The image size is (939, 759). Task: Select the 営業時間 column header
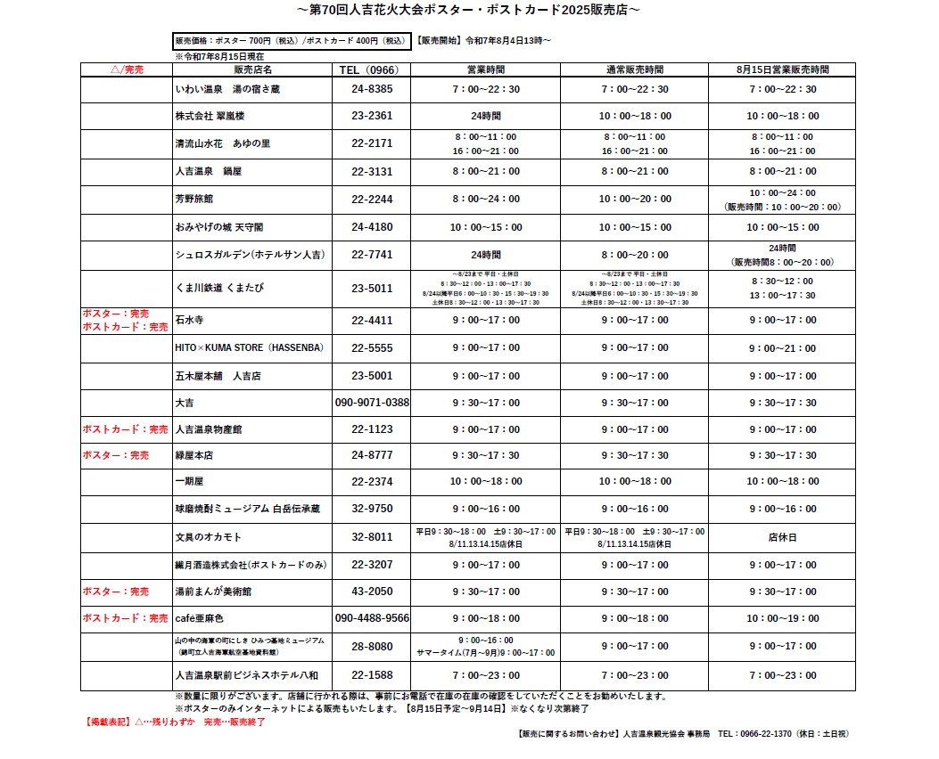[x=486, y=69]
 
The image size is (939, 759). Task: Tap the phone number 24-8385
[x=372, y=89]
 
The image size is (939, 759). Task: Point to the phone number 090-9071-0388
[x=372, y=403]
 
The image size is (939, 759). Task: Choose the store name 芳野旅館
[x=194, y=199]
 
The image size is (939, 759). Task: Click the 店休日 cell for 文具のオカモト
[x=782, y=537]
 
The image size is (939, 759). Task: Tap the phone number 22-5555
[x=372, y=347]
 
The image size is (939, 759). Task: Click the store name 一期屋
[x=190, y=481]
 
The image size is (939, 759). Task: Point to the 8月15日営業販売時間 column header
[x=782, y=69]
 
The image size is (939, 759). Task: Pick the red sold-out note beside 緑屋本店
[x=115, y=455]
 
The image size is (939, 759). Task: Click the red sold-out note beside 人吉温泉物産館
[x=125, y=429]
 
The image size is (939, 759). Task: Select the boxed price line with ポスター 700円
[x=291, y=41]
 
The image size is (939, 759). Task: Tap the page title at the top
[x=468, y=10]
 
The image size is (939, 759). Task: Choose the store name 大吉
[x=185, y=403]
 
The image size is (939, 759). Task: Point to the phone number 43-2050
[x=372, y=592]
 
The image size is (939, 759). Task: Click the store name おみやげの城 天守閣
[x=219, y=227]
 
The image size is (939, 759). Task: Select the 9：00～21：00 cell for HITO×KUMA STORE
[x=782, y=347]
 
